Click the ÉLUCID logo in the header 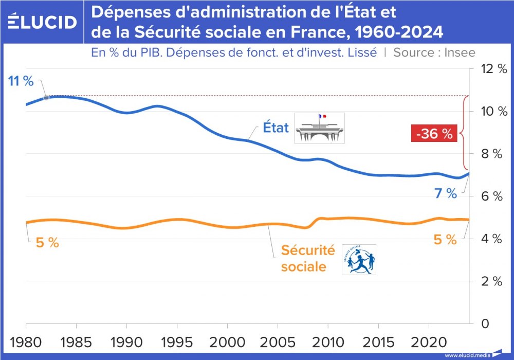[43, 22]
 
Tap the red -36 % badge [434, 134]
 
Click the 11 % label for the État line [21, 81]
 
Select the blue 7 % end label [445, 193]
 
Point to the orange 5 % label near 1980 [47, 243]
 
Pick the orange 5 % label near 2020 [445, 239]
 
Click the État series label [276, 128]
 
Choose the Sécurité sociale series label [307, 259]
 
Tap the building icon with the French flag [319, 128]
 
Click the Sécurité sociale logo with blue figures [359, 259]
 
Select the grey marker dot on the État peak [46, 97]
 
